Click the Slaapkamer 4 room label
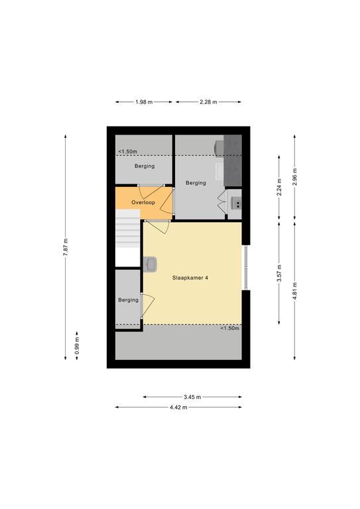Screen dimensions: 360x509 pyautogui.click(x=190, y=278)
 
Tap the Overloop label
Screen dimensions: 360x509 pyautogui.click(x=143, y=203)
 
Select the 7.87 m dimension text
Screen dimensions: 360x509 pyautogui.click(x=66, y=247)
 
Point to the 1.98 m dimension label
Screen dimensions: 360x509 pyautogui.click(x=144, y=102)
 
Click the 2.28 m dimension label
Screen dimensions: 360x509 pyautogui.click(x=208, y=102)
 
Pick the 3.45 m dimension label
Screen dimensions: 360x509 pyautogui.click(x=192, y=397)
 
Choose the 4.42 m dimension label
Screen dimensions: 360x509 pyautogui.click(x=178, y=408)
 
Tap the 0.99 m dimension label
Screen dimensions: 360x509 pyautogui.click(x=77, y=346)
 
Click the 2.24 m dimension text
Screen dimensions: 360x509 pyautogui.click(x=279, y=188)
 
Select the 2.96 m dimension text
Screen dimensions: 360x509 pyautogui.click(x=294, y=177)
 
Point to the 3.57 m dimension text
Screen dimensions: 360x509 pyautogui.click(x=279, y=274)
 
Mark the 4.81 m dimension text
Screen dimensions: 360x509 pyautogui.click(x=294, y=291)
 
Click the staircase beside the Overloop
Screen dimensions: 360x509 pyautogui.click(x=127, y=238)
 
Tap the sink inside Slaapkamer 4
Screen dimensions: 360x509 pyautogui.click(x=150, y=264)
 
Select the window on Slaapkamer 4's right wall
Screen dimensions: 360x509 pyautogui.click(x=246, y=268)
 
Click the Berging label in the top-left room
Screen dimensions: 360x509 pyautogui.click(x=145, y=166)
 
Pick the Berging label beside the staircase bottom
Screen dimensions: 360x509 pyautogui.click(x=128, y=300)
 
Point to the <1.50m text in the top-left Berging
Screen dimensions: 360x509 pyautogui.click(x=127, y=152)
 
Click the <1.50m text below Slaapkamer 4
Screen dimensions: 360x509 pyautogui.click(x=230, y=328)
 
